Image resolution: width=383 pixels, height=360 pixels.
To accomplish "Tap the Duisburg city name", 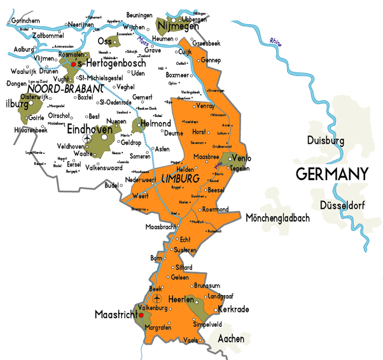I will [325, 141].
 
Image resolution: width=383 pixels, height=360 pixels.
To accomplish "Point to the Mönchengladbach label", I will [277, 218].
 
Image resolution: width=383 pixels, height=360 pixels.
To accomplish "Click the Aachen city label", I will [230, 339].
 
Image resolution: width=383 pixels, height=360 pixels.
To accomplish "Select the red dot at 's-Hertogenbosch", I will [73, 64].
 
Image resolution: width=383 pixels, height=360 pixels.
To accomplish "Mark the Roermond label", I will [215, 209].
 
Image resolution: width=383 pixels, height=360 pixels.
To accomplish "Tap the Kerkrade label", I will [233, 309].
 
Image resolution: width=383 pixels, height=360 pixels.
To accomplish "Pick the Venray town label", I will [205, 106].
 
